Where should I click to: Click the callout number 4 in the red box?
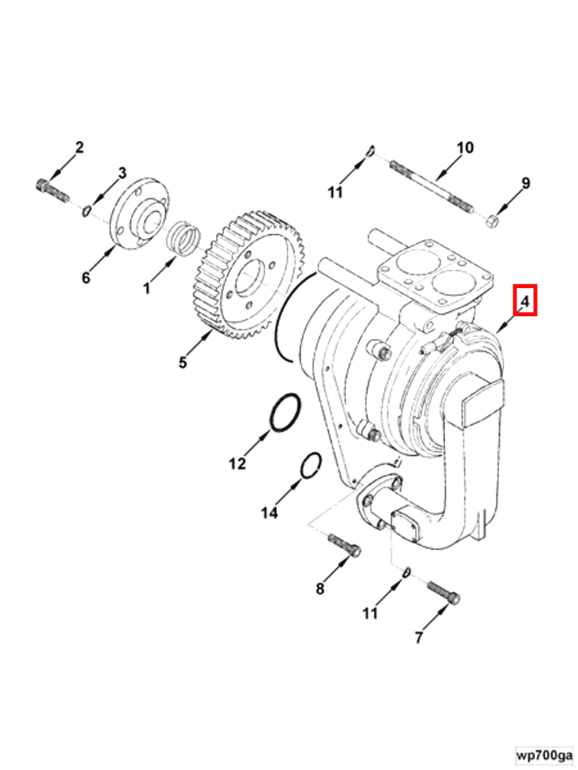pos(525,300)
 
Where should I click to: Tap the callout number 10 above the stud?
pos(465,147)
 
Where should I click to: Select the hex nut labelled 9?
pos(491,220)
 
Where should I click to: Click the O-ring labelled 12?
pos(283,414)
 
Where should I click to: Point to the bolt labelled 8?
pos(345,545)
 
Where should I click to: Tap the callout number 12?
pos(237,463)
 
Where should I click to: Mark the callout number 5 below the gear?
pos(183,363)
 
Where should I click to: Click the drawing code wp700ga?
pos(543,755)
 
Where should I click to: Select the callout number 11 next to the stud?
pos(335,193)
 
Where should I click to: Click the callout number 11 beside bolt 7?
pos(370,613)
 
